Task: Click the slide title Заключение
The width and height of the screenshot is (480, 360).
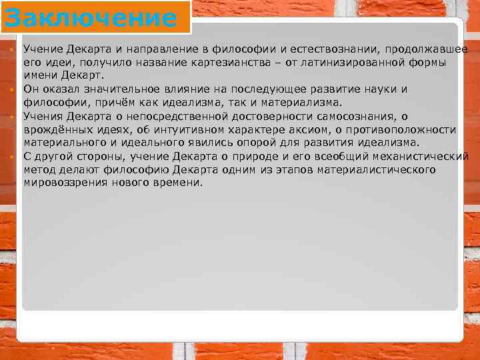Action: click(x=90, y=17)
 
